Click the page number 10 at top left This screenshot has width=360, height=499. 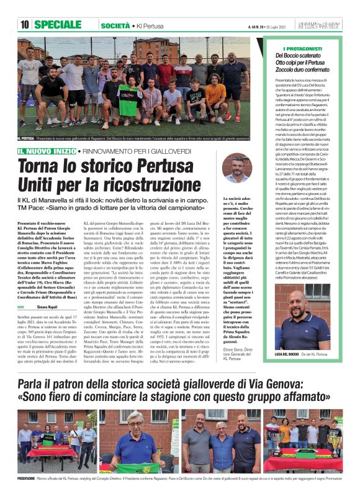click(x=25, y=25)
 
